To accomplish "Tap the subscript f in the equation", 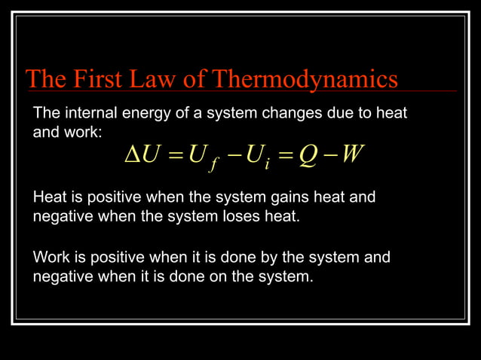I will [x=213, y=164].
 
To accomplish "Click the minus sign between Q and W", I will [x=329, y=156].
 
